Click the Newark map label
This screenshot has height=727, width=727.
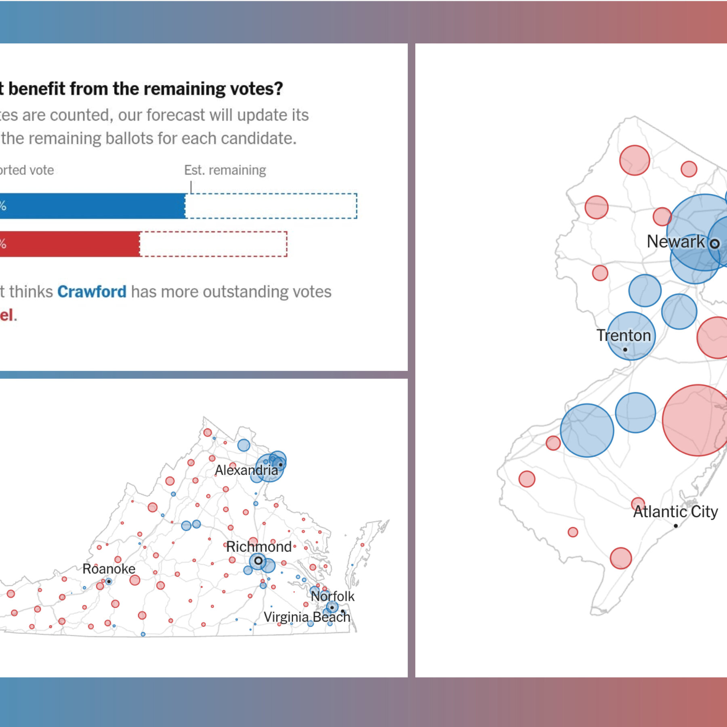tap(675, 242)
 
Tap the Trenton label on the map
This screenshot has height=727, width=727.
tap(624, 335)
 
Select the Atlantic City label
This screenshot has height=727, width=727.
tap(675, 511)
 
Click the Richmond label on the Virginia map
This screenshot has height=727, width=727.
tap(258, 546)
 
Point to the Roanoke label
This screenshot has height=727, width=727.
tap(109, 569)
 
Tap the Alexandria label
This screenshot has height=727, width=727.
tap(246, 470)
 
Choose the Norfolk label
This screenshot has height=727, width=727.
tap(332, 596)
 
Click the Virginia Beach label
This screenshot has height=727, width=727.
tap(307, 617)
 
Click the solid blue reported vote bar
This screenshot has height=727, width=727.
tap(93, 206)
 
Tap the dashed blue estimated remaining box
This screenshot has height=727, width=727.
tap(271, 206)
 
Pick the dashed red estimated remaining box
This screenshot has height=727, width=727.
tap(213, 244)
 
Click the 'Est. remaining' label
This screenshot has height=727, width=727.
tap(225, 170)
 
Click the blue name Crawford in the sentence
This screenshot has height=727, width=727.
tap(92, 292)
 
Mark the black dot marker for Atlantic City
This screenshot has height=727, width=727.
tap(675, 526)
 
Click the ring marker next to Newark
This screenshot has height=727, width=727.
tap(714, 244)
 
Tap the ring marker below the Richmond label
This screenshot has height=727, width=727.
tap(258, 561)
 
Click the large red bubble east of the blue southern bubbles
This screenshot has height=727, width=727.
tap(697, 420)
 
